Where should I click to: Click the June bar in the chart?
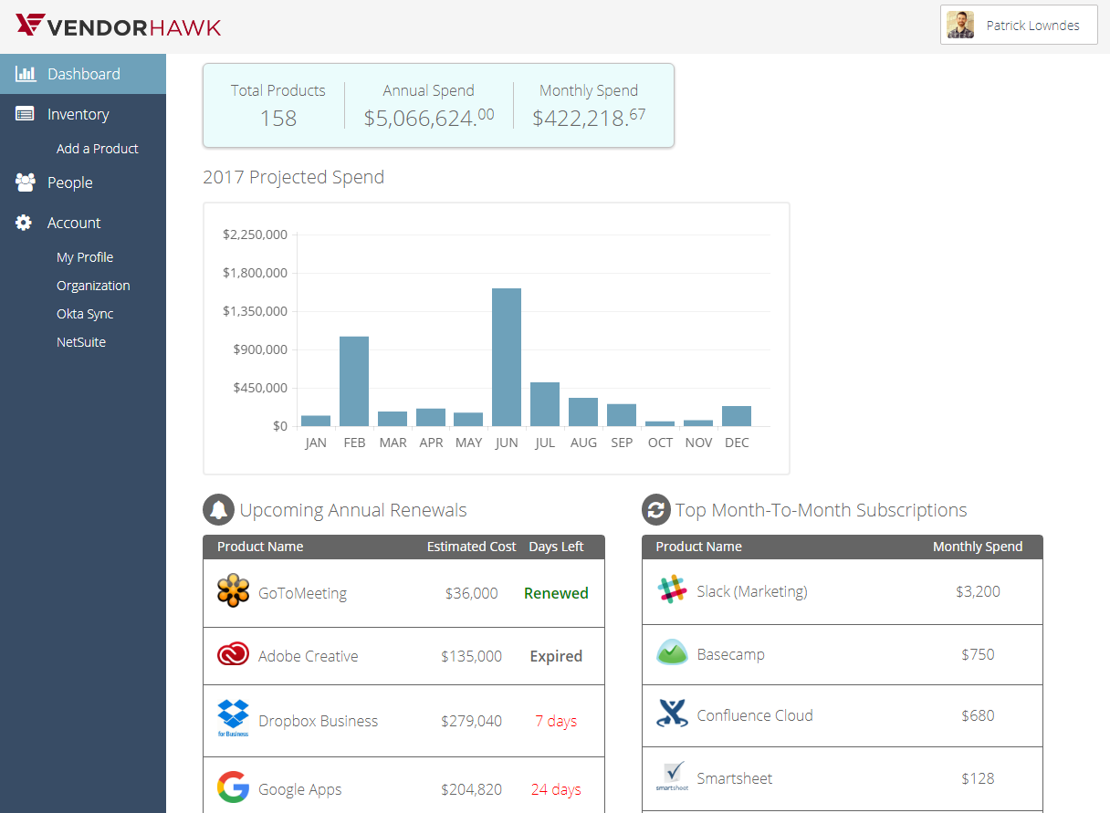[x=507, y=357]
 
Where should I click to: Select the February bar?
[x=354, y=381]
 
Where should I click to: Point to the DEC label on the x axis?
[x=737, y=443]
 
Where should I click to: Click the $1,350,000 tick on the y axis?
[x=255, y=311]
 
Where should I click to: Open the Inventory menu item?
[x=78, y=114]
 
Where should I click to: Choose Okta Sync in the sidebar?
[x=85, y=314]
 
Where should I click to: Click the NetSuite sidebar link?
[x=81, y=342]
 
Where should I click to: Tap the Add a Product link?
[x=97, y=149]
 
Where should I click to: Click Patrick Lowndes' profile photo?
[x=960, y=26]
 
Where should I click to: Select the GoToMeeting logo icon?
[x=233, y=591]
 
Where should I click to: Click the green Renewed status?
[x=556, y=593]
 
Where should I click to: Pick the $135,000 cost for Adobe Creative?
[x=471, y=656]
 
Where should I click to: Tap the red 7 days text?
[x=556, y=721]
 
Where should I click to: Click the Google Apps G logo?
[x=233, y=787]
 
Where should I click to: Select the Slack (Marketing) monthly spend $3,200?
[x=978, y=591]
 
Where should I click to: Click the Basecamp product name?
[x=730, y=654]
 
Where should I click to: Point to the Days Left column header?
[x=556, y=547]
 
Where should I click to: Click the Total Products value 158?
[x=278, y=119]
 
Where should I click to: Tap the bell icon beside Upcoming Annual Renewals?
[x=218, y=510]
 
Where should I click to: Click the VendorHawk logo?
[x=119, y=26]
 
